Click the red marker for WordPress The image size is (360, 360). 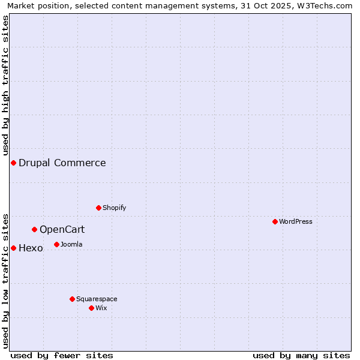click(275, 222)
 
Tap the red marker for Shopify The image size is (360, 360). click(99, 208)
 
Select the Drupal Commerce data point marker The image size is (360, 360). click(13, 163)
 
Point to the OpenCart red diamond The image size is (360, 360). click(35, 230)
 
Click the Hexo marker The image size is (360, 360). click(13, 248)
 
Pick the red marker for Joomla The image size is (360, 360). click(57, 245)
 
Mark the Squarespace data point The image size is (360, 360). click(73, 299)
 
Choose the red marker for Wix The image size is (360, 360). click(92, 308)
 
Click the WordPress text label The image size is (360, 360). click(296, 222)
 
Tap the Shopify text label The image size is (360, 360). click(115, 208)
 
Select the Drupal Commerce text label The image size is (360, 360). click(62, 163)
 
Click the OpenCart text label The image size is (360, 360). click(62, 230)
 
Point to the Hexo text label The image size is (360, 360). click(31, 248)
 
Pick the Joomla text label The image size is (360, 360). click(71, 245)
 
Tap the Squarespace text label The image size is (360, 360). click(97, 299)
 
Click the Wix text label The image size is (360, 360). click(101, 308)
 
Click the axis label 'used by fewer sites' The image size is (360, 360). click(62, 355)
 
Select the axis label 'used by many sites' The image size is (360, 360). click(301, 355)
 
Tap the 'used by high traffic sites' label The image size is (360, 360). click(6, 84)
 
